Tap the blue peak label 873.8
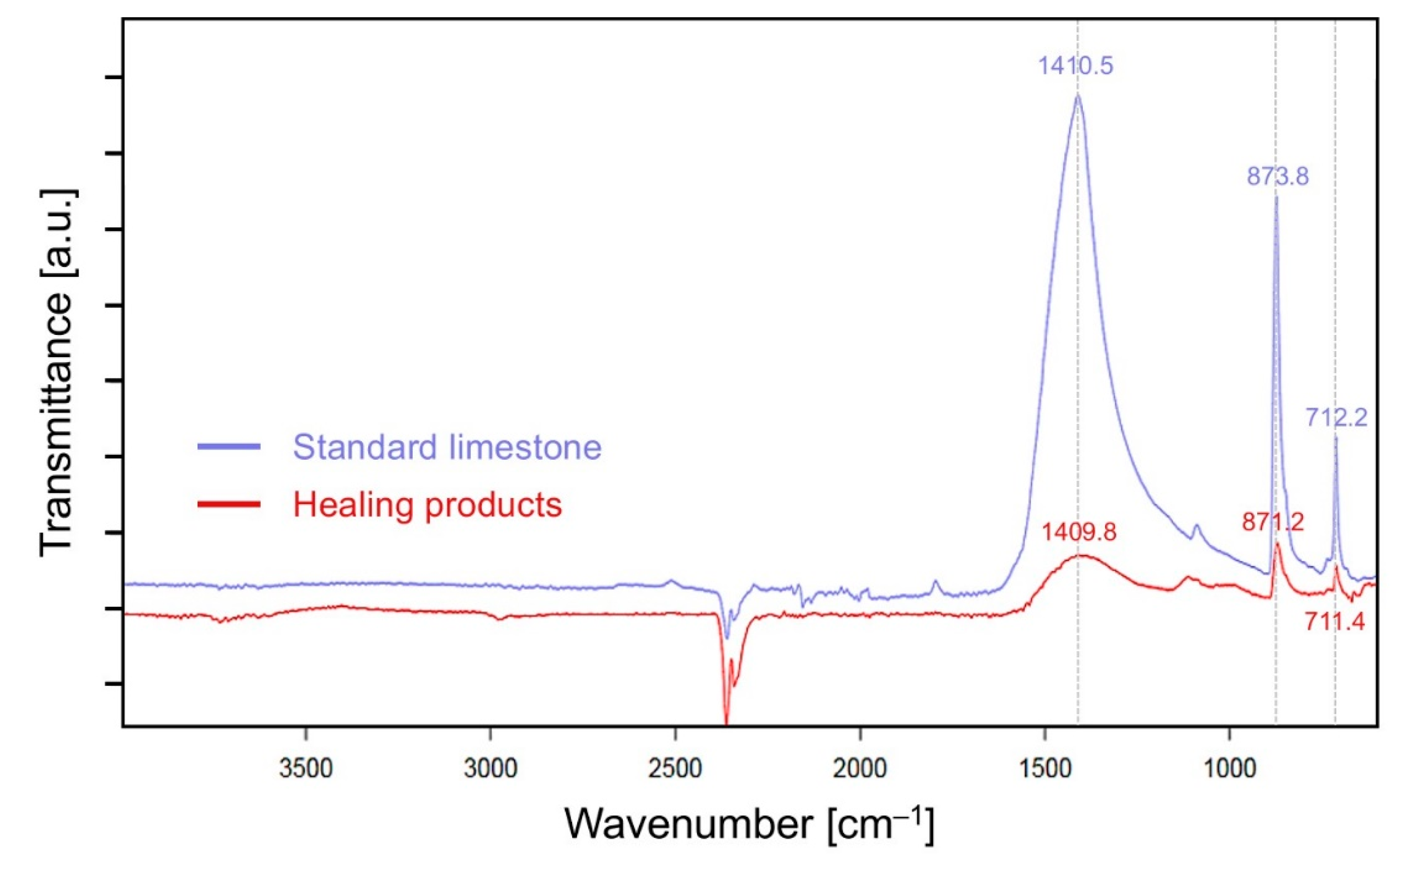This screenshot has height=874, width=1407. point(1277,177)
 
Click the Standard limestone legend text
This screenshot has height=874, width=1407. point(447,447)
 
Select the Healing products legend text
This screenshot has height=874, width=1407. point(427,505)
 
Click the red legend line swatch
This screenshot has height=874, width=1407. point(229,504)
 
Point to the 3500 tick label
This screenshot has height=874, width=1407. point(306,769)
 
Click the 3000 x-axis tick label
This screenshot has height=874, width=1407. point(490,769)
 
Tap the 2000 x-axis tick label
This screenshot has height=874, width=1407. point(860,769)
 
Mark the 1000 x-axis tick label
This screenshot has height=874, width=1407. point(1229,769)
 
